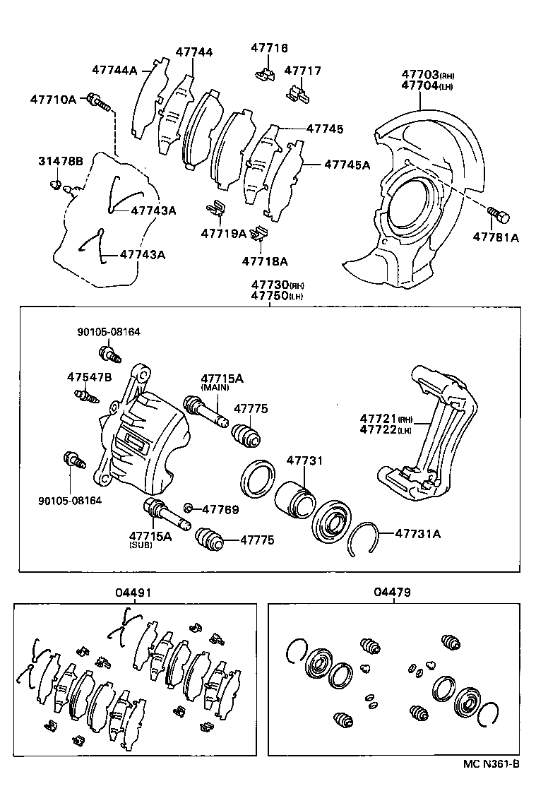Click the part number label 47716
270,48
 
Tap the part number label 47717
302,71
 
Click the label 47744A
114,69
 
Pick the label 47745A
347,165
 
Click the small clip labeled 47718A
261,233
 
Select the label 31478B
60,162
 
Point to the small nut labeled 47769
189,509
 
